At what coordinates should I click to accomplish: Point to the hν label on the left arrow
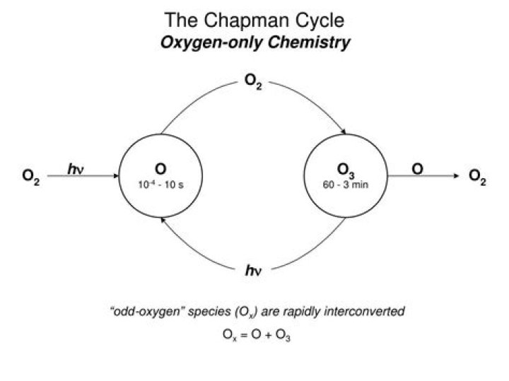click(x=76, y=169)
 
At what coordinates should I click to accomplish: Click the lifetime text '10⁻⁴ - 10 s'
click(x=160, y=184)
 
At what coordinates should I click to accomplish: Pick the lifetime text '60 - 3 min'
click(x=346, y=185)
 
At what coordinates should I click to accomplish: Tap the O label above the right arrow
click(x=418, y=168)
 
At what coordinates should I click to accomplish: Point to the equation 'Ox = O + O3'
click(x=255, y=336)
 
